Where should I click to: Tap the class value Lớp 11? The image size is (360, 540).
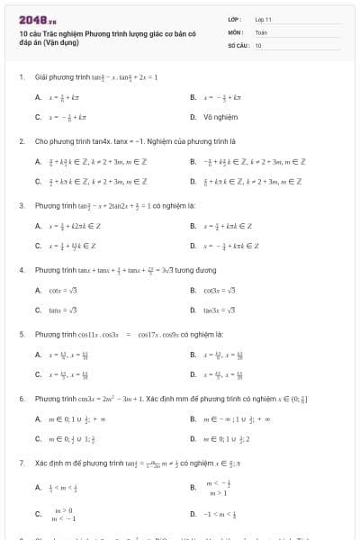pyautogui.click(x=263, y=18)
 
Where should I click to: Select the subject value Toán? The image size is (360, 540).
pyautogui.click(x=261, y=31)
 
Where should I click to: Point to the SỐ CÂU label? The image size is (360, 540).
pyautogui.click(x=237, y=44)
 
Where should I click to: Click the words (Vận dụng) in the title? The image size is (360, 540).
pyautogui.click(x=61, y=41)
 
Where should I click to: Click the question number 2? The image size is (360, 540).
pyautogui.click(x=21, y=142)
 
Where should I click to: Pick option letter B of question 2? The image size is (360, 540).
pyautogui.click(x=193, y=162)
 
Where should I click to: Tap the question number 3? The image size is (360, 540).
pyautogui.click(x=21, y=205)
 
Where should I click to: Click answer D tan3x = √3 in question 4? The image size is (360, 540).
pyautogui.click(x=219, y=310)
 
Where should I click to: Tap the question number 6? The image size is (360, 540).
pyautogui.click(x=21, y=398)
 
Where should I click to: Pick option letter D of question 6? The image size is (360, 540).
pyautogui.click(x=193, y=438)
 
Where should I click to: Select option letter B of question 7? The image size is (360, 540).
pyautogui.click(x=193, y=488)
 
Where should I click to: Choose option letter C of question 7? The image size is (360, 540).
pyautogui.click(x=38, y=514)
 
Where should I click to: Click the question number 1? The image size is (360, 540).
pyautogui.click(x=21, y=77)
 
